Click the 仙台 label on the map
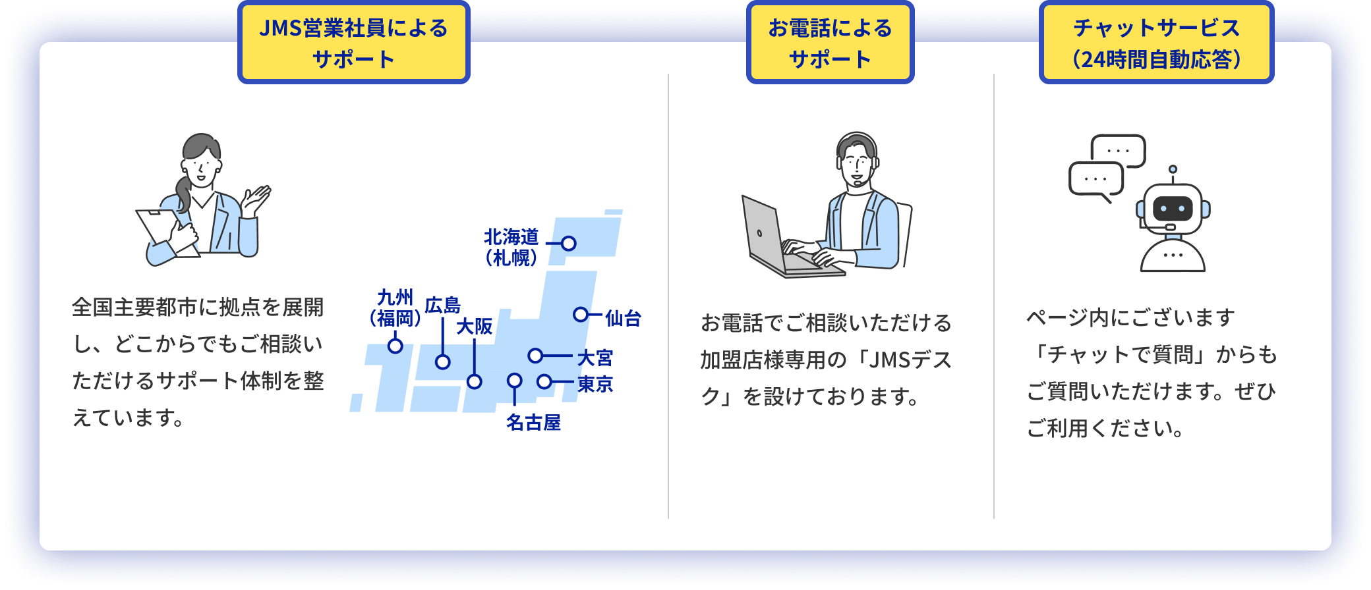click(623, 318)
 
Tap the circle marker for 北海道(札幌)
click(569, 244)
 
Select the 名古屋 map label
click(533, 422)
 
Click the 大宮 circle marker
click(535, 356)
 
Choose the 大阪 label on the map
click(475, 326)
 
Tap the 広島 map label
click(443, 305)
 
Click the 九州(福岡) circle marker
click(395, 346)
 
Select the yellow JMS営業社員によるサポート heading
click(354, 43)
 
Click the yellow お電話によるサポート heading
click(830, 43)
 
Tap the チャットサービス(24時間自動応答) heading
click(1157, 43)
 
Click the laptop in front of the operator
click(788, 237)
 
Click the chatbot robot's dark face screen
click(1173, 209)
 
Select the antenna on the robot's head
click(1173, 174)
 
